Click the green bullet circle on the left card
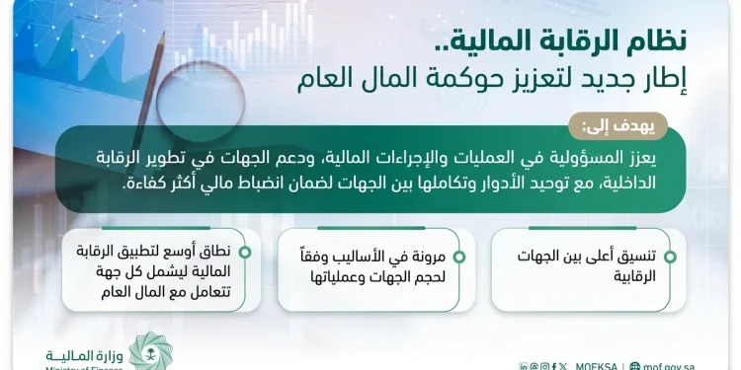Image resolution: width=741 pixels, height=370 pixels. point(244,252)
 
